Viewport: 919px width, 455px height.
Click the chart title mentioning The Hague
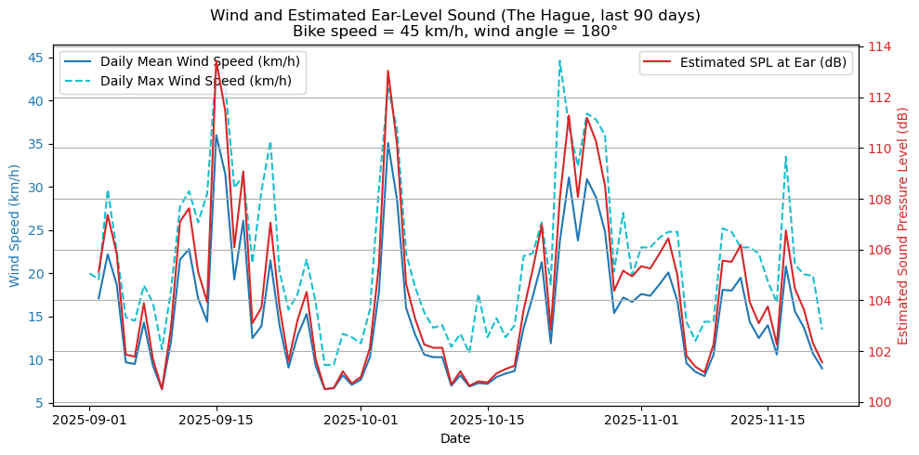point(454,16)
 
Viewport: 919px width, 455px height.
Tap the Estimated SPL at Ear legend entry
point(763,62)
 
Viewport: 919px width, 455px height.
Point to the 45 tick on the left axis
point(35,58)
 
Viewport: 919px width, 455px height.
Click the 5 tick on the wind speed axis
point(39,403)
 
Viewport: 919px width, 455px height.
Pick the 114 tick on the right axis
point(880,46)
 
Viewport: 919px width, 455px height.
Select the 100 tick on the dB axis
point(880,402)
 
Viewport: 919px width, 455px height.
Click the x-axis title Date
point(455,438)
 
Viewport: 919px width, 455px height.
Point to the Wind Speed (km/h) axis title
point(14,225)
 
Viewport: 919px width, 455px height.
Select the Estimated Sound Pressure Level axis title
point(902,225)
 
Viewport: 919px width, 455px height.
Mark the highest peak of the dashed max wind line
point(560,61)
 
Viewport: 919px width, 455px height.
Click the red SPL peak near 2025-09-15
point(217,61)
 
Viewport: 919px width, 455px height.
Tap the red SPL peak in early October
point(387,71)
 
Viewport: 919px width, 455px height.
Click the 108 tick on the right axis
point(880,199)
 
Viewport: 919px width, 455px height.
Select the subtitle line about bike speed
point(454,32)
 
